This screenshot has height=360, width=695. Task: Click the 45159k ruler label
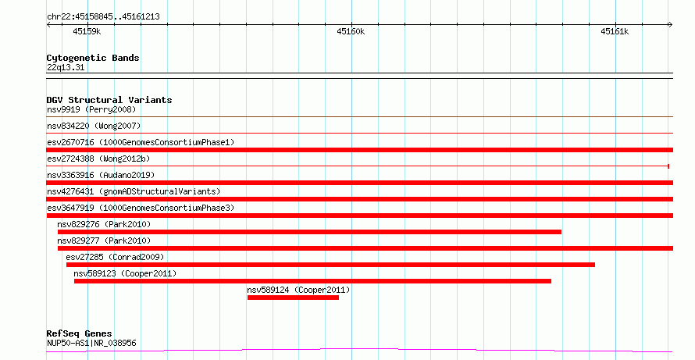click(x=87, y=31)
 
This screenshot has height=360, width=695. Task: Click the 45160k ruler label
click(x=351, y=31)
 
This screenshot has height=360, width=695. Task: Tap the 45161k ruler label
click(x=615, y=31)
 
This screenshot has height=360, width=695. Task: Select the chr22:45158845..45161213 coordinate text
click(x=103, y=17)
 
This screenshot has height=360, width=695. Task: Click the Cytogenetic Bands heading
click(x=93, y=58)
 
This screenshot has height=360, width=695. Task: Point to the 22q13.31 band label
click(x=66, y=67)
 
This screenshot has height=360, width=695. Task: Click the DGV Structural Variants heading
click(x=109, y=100)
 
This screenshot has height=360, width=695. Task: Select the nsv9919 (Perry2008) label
click(x=91, y=109)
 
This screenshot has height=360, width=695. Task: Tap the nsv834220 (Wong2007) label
click(x=94, y=126)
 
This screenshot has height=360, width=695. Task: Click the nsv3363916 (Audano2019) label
click(x=101, y=175)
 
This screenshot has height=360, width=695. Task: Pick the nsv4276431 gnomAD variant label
click(x=134, y=191)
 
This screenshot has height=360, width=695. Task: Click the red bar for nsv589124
click(x=293, y=298)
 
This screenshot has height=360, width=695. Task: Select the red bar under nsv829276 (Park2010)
click(x=309, y=232)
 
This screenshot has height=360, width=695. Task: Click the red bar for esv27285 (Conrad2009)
click(x=330, y=265)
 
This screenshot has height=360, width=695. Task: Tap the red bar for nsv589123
click(x=312, y=281)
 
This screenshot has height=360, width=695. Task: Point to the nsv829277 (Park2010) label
click(x=104, y=241)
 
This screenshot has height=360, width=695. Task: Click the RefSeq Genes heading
click(x=80, y=333)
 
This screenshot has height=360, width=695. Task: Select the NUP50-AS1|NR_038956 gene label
click(x=91, y=343)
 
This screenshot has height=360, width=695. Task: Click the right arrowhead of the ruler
click(x=671, y=25)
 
